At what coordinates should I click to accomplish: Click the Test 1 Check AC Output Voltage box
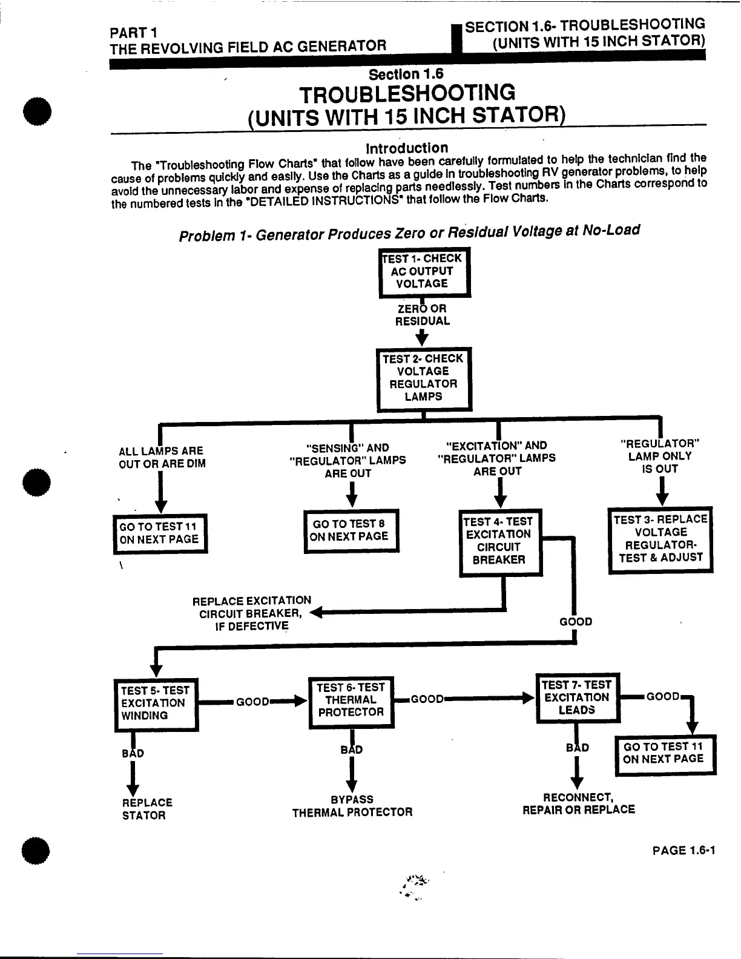[x=424, y=272]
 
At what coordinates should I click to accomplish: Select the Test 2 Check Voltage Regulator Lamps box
[x=423, y=378]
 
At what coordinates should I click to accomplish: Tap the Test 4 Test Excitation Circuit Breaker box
[x=500, y=541]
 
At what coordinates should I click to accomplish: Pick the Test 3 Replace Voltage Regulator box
[x=660, y=539]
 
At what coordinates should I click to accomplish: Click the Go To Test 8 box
[x=351, y=530]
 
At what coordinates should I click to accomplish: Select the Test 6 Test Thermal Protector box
[x=351, y=700]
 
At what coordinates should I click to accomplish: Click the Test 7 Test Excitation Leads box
[x=578, y=697]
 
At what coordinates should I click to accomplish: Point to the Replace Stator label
[x=147, y=809]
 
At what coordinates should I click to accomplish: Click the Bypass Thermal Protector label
[x=352, y=806]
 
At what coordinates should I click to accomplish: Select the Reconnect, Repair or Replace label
[x=579, y=804]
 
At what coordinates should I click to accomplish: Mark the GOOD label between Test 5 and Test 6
[x=252, y=702]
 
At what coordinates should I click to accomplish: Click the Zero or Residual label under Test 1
[x=423, y=315]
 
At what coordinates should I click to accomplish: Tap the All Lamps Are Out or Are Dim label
[x=162, y=458]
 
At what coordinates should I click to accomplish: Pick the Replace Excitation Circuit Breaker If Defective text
[x=252, y=613]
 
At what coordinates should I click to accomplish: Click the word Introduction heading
[x=407, y=148]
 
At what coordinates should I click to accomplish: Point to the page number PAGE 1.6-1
[x=683, y=851]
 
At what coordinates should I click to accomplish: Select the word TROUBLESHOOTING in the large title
[x=407, y=94]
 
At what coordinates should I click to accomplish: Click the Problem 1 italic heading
[x=409, y=232]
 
